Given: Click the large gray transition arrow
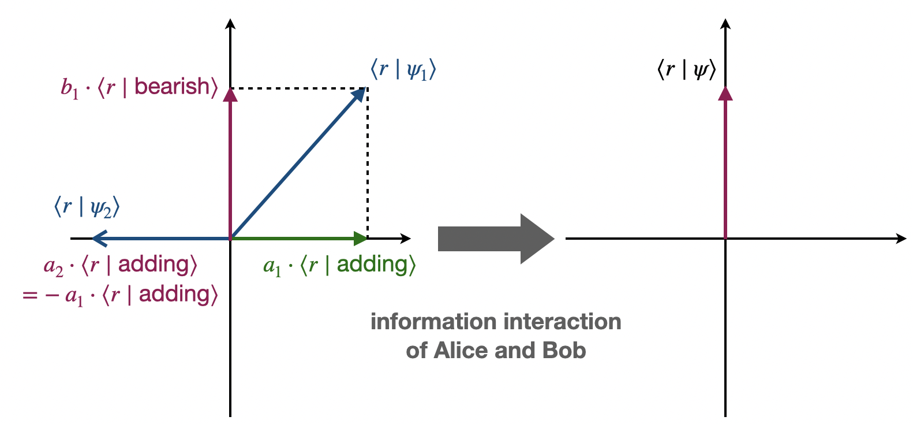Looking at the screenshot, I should tap(495, 239).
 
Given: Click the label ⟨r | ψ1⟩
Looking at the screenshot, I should tap(403, 70).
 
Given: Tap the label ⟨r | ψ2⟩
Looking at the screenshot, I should tap(87, 207).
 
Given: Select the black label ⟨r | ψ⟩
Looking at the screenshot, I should tap(686, 70).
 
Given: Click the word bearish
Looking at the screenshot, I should tap(171, 87).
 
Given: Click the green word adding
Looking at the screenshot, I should tap(372, 265).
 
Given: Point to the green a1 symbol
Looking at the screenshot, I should tap(271, 266).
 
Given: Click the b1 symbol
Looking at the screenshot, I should tap(69, 88).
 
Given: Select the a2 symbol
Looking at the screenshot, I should tap(53, 266).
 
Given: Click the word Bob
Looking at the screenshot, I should tap(564, 351).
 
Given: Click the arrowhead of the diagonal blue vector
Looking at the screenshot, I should tap(359, 95).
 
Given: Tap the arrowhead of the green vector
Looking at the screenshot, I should tap(360, 238).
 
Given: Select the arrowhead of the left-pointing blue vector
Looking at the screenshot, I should tap(99, 238).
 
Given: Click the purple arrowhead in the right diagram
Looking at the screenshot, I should tap(725, 93).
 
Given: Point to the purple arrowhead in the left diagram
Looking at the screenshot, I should tap(230, 94).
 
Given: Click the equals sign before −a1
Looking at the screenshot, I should tap(30, 296).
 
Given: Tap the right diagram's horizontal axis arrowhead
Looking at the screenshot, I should tap(901, 238).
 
